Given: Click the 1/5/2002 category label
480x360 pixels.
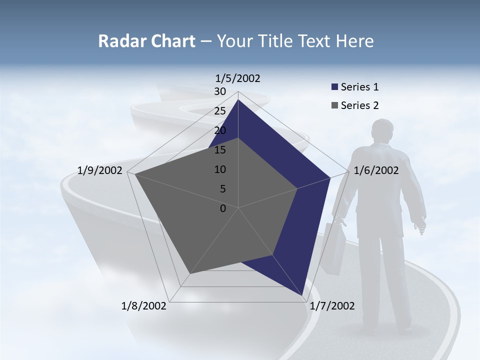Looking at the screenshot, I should click(x=238, y=78).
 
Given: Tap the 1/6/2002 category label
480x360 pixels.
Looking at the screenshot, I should click(x=376, y=170).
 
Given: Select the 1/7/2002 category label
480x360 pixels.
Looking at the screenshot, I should click(x=332, y=306).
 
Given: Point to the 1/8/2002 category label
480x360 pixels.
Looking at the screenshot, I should click(x=144, y=306).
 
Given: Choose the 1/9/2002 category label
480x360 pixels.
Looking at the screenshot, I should click(x=100, y=170).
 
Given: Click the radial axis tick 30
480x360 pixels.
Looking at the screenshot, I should click(x=220, y=91).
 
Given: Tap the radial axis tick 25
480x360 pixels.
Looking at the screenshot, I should click(x=220, y=111).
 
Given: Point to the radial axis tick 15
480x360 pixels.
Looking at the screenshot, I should click(x=220, y=150).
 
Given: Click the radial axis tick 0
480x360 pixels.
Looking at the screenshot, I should click(x=223, y=208).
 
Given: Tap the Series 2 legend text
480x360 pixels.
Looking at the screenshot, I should click(x=359, y=105).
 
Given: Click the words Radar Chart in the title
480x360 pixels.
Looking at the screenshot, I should click(x=146, y=41).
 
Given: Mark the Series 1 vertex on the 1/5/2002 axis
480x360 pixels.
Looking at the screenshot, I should click(x=238, y=99).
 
